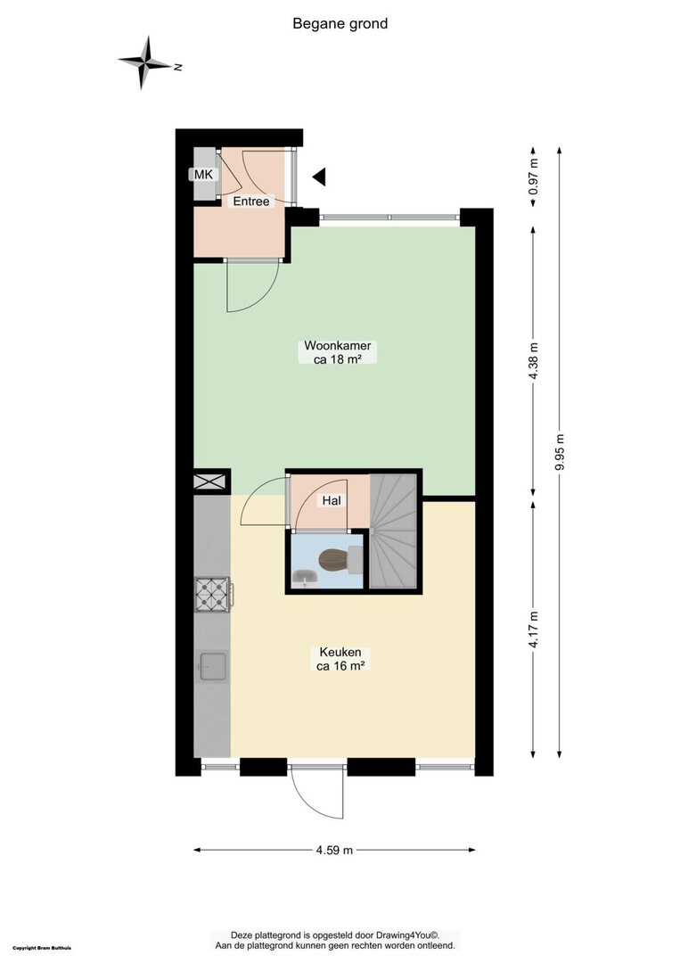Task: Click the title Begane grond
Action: [x=340, y=24]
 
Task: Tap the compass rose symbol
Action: [x=145, y=62]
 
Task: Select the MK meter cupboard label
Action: [x=203, y=175]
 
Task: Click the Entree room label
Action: [x=251, y=201]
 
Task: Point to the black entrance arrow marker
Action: [x=319, y=177]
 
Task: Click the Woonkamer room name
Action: [x=338, y=345]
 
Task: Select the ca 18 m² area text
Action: [x=337, y=360]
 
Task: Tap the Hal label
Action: [x=332, y=500]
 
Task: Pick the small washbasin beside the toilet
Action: [x=305, y=577]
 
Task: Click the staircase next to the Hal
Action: [x=393, y=531]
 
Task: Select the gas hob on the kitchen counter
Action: [x=212, y=595]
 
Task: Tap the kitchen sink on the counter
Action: [x=212, y=666]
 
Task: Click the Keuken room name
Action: [x=340, y=652]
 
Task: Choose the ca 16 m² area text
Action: [x=340, y=666]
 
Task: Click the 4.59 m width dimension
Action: [x=334, y=850]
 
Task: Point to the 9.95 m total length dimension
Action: [x=559, y=453]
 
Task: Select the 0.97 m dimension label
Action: [x=533, y=177]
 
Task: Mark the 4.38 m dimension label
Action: [x=533, y=360]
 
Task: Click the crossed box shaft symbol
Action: [x=210, y=481]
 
